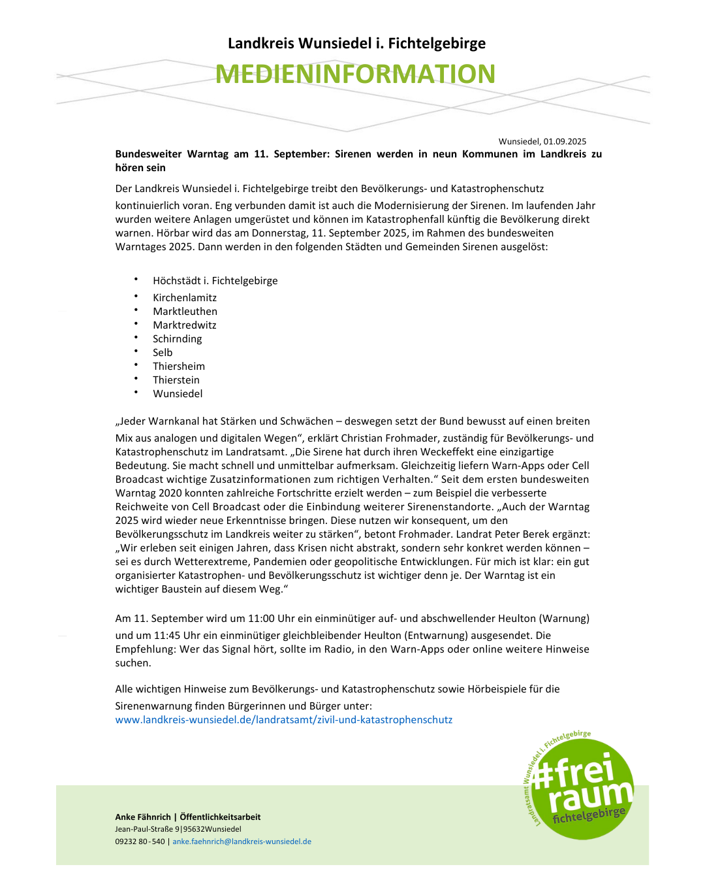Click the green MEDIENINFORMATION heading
pos(355,74)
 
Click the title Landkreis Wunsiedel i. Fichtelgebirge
pos(356,43)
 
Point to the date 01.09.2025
pos(565,141)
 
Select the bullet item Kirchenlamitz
pos(185,298)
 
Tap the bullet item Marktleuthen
pos(185,312)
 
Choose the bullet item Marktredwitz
pos(185,325)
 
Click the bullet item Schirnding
pos(178,339)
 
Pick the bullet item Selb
pos(163,353)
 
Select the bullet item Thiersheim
pos(179,367)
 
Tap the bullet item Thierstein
pos(176,380)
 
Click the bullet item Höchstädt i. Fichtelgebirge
pos(215,281)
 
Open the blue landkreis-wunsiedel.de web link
pos(283,720)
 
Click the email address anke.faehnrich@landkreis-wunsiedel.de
pos(242,841)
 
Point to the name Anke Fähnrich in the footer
pos(143,817)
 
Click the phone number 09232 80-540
pos(140,841)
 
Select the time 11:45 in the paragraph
pos(166,636)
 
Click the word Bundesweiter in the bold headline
pos(148,154)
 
